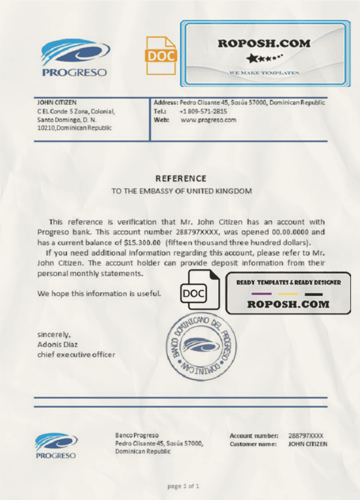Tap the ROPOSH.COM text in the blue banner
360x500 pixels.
(x=264, y=44)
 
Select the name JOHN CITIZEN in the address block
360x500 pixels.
(x=57, y=103)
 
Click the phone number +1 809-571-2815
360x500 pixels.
(x=203, y=111)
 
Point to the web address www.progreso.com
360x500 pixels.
(x=208, y=119)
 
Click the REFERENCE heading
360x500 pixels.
(x=181, y=178)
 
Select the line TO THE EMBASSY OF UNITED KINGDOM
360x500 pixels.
(x=182, y=191)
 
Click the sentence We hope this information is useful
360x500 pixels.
(x=99, y=294)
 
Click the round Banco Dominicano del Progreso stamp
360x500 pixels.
(x=197, y=345)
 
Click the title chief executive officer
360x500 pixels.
(x=76, y=354)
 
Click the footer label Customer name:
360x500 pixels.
(x=253, y=444)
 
